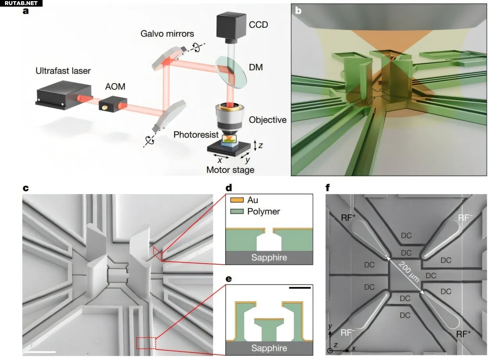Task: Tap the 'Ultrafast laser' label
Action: [63, 71]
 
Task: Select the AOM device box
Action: [113, 104]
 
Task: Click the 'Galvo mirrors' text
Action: [167, 34]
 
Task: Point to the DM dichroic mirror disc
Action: [231, 72]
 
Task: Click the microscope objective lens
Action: [229, 119]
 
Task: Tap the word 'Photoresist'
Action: [196, 135]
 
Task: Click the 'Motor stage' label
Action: [230, 170]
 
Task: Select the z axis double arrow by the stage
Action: [255, 145]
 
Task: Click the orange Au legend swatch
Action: [237, 200]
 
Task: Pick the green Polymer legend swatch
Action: [237, 211]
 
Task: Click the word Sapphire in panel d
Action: [269, 257]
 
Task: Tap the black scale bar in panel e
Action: [300, 288]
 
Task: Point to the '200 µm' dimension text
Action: [409, 272]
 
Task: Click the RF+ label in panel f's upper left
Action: [348, 217]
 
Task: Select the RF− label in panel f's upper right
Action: [465, 217]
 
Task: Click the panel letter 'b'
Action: [298, 11]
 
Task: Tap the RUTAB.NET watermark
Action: [21, 3]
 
